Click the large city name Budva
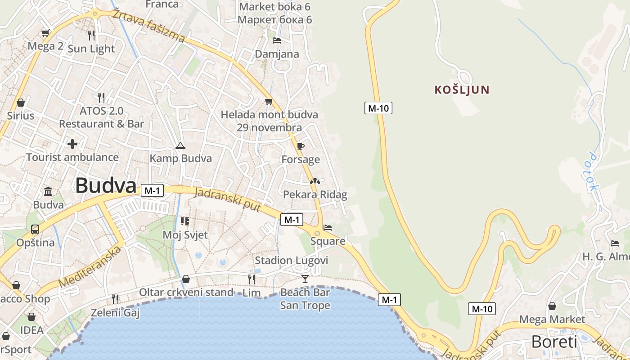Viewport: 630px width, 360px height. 105,185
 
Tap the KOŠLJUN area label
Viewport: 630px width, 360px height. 462,90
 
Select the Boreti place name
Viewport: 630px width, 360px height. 554,342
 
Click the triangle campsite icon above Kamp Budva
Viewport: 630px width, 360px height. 180,145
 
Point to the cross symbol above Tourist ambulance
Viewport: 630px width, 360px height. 72,144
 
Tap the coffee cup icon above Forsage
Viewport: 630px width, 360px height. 300,146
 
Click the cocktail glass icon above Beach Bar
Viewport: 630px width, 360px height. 305,279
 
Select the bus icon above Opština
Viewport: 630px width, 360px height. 35,229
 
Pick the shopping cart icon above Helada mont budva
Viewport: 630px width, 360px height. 269,101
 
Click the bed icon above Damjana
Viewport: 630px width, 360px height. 277,40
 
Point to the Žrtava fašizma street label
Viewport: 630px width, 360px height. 148,26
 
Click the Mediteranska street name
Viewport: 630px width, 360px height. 90,267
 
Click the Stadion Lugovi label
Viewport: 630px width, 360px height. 292,261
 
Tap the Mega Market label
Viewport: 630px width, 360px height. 552,319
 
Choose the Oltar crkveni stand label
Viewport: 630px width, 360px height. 186,292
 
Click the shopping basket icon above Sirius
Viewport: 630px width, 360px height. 20,103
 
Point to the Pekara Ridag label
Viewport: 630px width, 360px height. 315,194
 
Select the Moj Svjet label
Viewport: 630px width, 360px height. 185,235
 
